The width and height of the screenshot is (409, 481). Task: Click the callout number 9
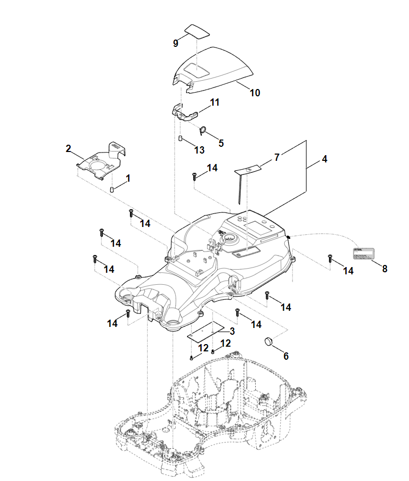[176, 43]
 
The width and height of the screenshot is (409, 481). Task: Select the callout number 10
[255, 93]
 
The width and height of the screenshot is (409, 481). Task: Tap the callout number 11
[215, 103]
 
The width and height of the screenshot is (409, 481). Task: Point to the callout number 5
[221, 143]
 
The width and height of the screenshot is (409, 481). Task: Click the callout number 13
[199, 150]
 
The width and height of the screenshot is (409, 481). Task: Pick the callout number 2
[68, 148]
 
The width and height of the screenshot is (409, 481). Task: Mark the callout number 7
[277, 157]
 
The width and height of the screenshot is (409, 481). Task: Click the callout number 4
[324, 159]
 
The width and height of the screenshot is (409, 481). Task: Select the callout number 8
[385, 269]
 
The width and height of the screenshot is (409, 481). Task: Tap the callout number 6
[285, 356]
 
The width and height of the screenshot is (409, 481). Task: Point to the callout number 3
[232, 331]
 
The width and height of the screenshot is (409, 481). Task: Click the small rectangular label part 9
[197, 31]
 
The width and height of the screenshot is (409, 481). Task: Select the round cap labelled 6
[269, 341]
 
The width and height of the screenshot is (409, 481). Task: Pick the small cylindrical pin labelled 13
[180, 139]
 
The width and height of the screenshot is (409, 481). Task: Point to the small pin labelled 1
[112, 188]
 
